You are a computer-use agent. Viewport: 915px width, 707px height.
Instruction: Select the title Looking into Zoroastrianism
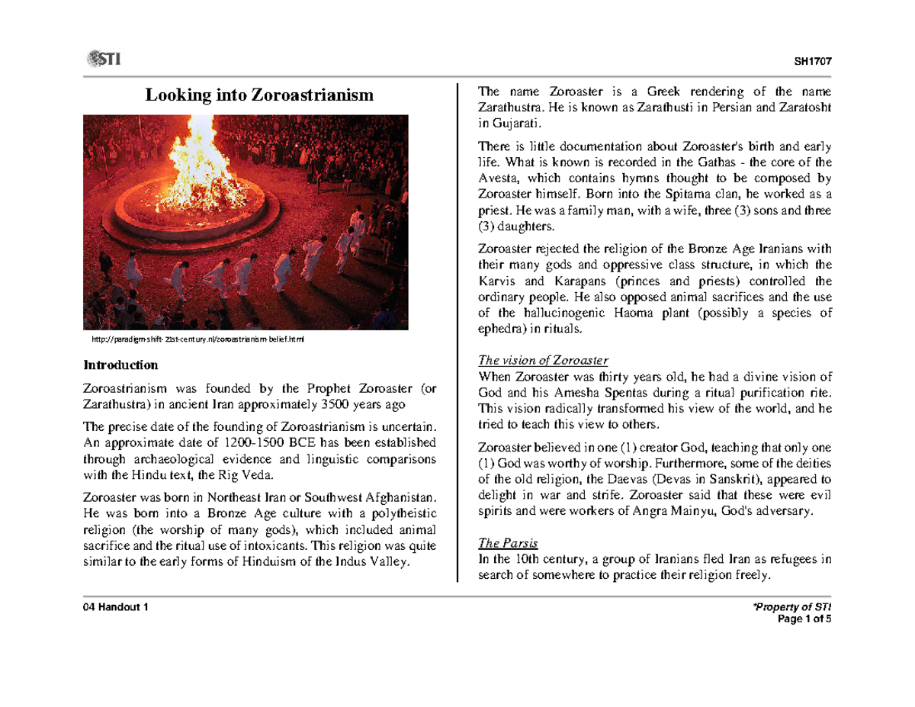click(260, 95)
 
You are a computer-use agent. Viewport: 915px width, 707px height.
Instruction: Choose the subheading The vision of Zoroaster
click(543, 360)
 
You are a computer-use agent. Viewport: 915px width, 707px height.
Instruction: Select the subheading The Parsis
click(508, 544)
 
